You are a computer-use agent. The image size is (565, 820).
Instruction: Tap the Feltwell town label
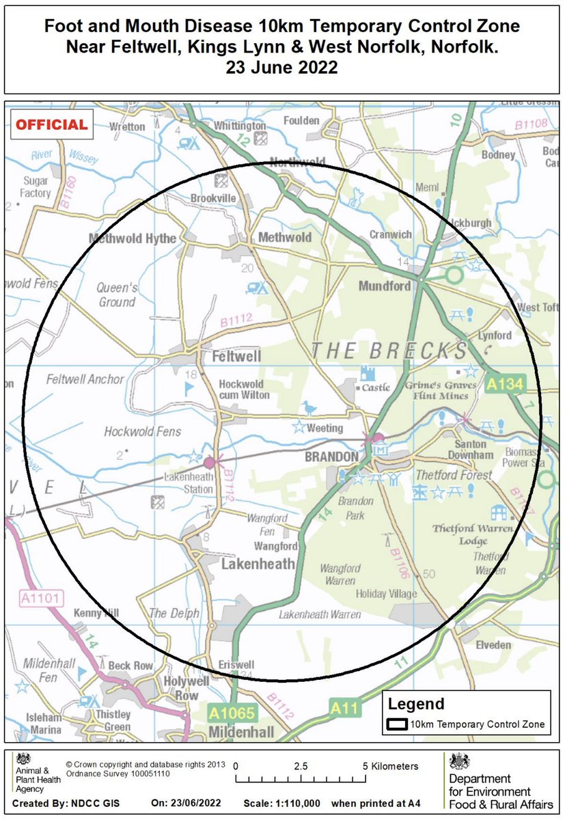click(x=236, y=357)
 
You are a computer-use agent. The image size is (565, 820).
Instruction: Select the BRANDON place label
click(x=331, y=456)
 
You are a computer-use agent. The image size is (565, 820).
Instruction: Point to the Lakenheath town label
click(x=258, y=564)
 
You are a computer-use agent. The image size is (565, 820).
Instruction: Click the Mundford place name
click(x=385, y=286)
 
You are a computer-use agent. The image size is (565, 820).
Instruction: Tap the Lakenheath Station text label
click(x=188, y=484)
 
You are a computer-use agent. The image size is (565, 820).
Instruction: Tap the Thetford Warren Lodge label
click(x=463, y=534)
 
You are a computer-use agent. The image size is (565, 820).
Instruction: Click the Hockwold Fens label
click(x=142, y=431)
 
